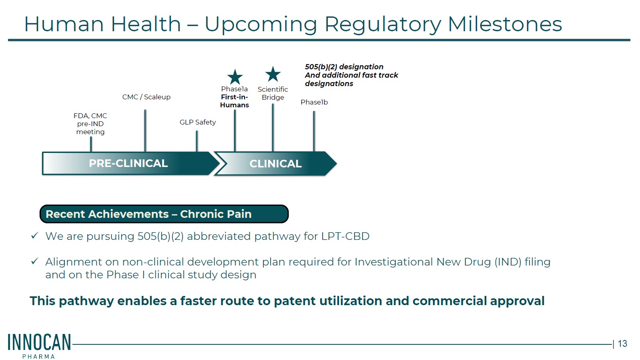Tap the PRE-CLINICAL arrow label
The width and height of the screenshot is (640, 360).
pyautogui.click(x=128, y=163)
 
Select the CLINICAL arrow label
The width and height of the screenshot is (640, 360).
pyautogui.click(x=275, y=163)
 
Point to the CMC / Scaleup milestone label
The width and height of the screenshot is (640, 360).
pyautogui.click(x=146, y=97)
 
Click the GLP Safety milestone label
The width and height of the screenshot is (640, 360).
pyautogui.click(x=198, y=122)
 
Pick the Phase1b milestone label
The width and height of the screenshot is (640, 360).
pyautogui.click(x=314, y=102)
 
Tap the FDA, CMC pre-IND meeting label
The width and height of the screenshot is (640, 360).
pyautogui.click(x=90, y=124)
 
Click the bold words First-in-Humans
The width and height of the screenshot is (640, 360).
pyautogui.click(x=235, y=101)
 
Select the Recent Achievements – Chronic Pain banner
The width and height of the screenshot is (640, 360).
pyautogui.click(x=164, y=214)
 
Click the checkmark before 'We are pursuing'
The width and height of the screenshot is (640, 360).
pyautogui.click(x=34, y=235)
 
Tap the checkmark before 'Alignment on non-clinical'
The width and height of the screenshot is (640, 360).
pyautogui.click(x=34, y=261)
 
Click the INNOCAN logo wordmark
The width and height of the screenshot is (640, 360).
pyautogui.click(x=39, y=342)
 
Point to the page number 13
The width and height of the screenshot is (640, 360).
pyautogui.click(x=622, y=344)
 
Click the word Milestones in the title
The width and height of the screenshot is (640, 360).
pyautogui.click(x=505, y=24)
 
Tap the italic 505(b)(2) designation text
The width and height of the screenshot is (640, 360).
pyautogui.click(x=344, y=66)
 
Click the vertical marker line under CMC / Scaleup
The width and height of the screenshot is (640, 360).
pyautogui.click(x=145, y=131)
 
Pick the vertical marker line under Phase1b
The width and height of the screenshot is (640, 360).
pyautogui.click(x=314, y=131)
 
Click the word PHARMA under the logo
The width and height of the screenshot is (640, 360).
pyautogui.click(x=38, y=356)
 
